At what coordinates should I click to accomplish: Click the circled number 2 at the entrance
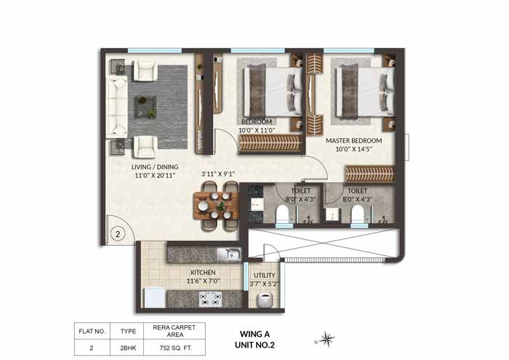(x=118, y=235)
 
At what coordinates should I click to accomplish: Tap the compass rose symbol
(x=329, y=337)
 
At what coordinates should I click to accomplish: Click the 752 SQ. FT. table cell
(x=175, y=348)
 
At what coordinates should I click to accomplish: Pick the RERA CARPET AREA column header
(x=175, y=331)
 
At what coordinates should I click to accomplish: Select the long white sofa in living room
(x=119, y=107)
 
